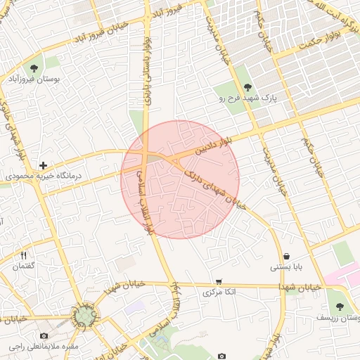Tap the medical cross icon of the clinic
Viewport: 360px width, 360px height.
coord(44,165)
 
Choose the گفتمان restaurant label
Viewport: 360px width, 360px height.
coord(24,267)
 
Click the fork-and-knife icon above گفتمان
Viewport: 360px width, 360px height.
coord(24,256)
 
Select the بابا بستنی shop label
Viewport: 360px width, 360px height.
coord(286,268)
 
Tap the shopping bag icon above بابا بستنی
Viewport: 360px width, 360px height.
coord(286,256)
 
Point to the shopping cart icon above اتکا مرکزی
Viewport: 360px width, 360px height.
coord(219,281)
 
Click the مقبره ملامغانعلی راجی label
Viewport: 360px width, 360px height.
coord(44,347)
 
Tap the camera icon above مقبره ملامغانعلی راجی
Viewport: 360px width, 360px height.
coord(44,335)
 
